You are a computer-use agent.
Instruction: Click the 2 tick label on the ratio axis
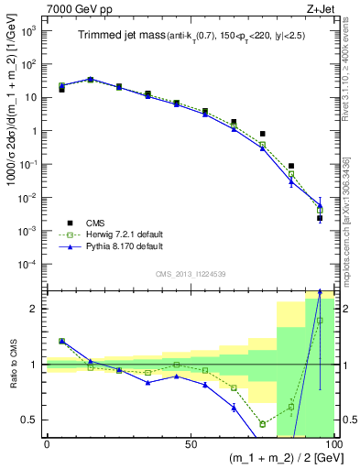(34, 309)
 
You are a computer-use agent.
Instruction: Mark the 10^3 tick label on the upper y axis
(27, 31)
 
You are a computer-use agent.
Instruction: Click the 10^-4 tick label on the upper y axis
(26, 265)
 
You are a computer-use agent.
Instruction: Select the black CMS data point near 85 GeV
(291, 166)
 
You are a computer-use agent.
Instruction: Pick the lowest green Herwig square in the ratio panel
(262, 424)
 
